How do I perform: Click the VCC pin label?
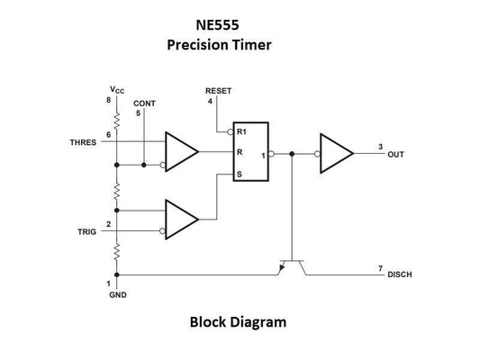117,90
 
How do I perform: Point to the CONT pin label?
144,103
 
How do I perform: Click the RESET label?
218,91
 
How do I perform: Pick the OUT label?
395,155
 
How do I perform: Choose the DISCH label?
400,274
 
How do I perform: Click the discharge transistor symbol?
291,265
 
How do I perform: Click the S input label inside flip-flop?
240,175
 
